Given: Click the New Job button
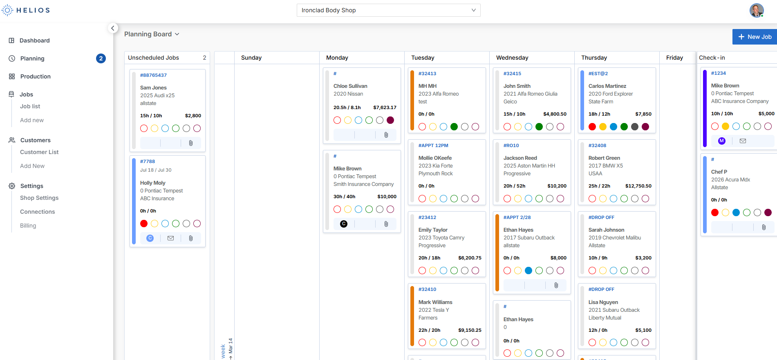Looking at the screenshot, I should coord(755,37).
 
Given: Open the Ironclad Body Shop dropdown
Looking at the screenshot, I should coord(388,10).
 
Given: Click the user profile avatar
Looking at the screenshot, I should coord(756,10).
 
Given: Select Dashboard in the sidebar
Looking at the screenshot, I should coord(35,40).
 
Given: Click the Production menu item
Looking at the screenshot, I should coord(36,76).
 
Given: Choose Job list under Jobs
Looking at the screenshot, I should coord(30,106).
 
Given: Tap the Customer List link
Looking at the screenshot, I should coord(39,152).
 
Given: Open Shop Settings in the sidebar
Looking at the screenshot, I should coord(39,198).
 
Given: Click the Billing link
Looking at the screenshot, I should coord(28,226).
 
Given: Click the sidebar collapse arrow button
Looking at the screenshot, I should coord(113,28).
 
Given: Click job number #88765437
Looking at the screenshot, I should coord(153,75).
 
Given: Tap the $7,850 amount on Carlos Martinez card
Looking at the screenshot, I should coord(643,114).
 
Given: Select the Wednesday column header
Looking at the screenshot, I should coord(512,58).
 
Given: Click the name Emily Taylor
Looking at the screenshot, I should coord(433,230).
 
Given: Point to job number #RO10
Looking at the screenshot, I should coord(511,145).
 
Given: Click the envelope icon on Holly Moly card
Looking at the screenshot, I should coord(171,238).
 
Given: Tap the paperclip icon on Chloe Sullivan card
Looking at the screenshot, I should coord(386,135).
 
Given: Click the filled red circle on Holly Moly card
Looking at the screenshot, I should coord(144,224).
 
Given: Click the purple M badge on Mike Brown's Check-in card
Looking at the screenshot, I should coord(722,141).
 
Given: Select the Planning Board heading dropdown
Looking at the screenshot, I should coord(152,34).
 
